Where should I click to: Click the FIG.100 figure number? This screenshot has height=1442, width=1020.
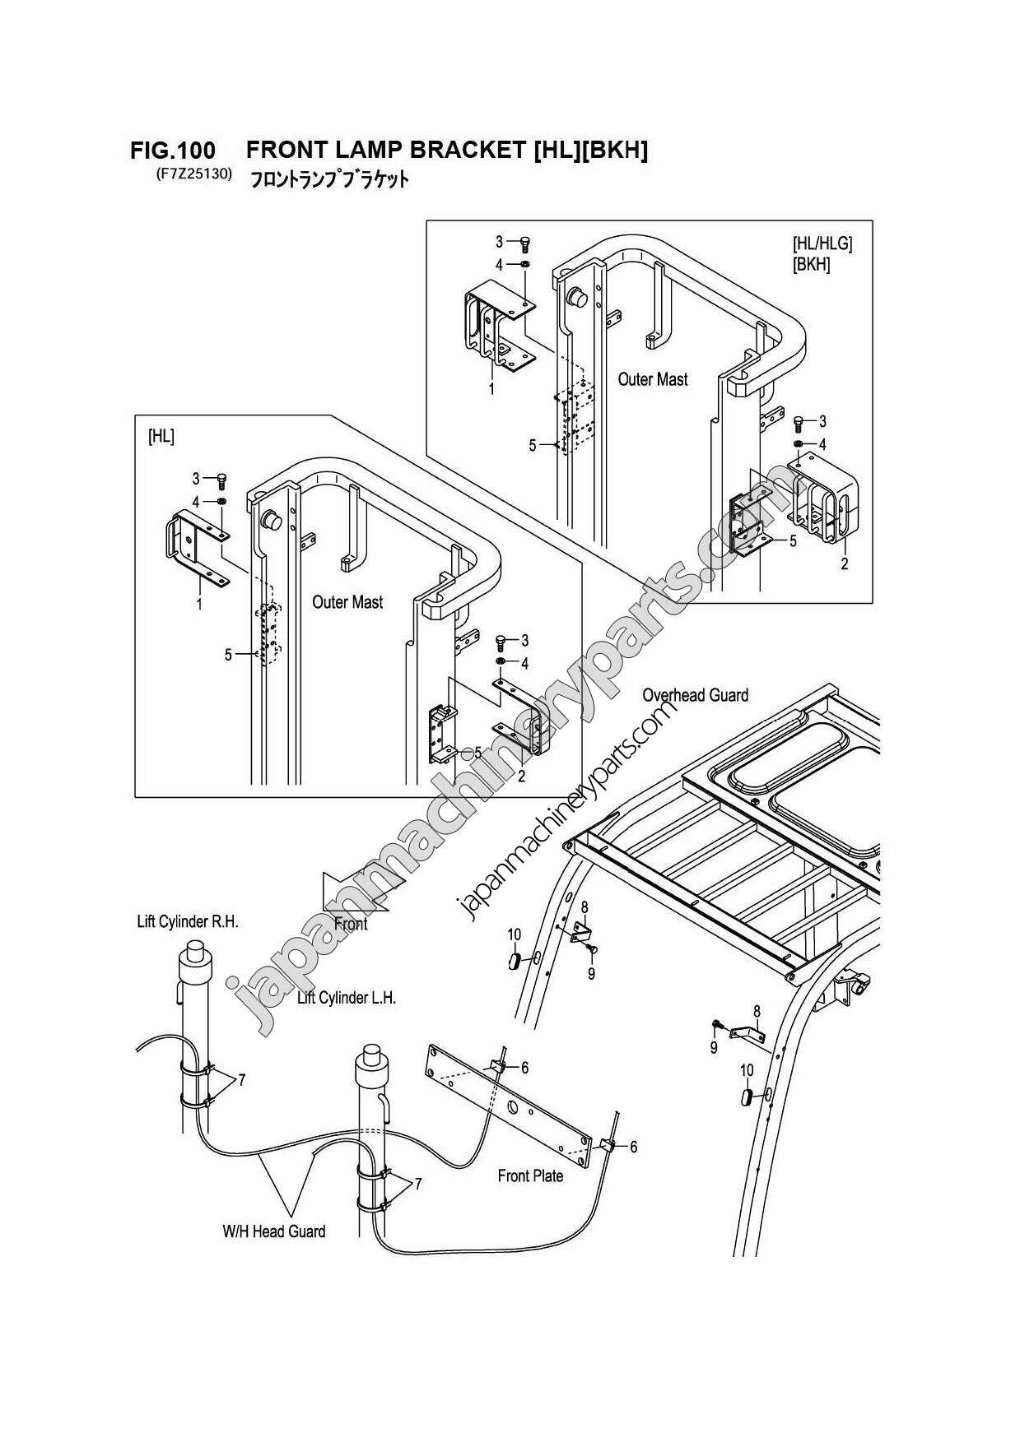(173, 151)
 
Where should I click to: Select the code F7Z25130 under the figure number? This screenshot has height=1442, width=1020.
(191, 174)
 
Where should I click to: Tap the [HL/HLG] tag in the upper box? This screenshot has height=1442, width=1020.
(822, 243)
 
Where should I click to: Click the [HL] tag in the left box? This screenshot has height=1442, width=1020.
(161, 437)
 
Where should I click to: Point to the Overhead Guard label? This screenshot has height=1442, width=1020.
(695, 695)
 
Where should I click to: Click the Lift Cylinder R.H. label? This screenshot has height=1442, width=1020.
(188, 921)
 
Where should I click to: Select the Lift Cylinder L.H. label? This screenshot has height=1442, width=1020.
(347, 998)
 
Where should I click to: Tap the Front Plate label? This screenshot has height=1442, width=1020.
(530, 1175)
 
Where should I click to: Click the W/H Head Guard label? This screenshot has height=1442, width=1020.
(273, 1231)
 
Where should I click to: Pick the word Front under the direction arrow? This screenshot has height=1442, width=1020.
(351, 924)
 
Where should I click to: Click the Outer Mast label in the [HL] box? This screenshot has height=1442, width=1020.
(347, 602)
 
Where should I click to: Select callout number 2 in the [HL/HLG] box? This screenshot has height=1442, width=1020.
(845, 564)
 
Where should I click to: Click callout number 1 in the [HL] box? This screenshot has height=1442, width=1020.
(199, 604)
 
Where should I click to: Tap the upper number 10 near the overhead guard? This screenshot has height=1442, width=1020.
(514, 934)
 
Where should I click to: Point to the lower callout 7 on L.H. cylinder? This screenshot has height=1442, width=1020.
(418, 1184)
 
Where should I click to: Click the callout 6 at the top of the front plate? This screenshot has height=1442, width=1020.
(524, 1068)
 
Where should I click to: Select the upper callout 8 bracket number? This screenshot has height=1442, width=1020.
(585, 906)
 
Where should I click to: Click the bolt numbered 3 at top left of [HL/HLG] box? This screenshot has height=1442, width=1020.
(525, 243)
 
